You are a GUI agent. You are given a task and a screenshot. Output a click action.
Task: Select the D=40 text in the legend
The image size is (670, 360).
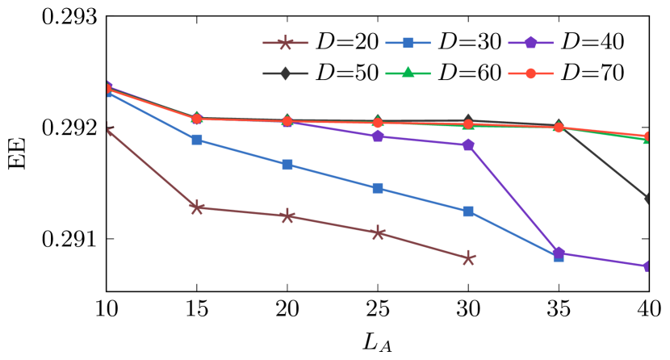(593, 42)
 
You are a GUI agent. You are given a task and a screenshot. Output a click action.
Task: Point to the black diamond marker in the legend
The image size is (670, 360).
(286, 73)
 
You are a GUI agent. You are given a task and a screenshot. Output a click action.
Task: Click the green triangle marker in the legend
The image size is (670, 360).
(408, 73)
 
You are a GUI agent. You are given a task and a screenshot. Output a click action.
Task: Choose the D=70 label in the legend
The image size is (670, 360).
(593, 73)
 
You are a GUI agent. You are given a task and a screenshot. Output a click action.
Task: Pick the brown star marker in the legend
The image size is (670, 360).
(286, 42)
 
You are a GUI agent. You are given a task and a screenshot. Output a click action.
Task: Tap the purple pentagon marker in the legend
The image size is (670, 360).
(531, 42)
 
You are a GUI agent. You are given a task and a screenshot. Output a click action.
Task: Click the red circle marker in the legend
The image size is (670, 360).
(531, 73)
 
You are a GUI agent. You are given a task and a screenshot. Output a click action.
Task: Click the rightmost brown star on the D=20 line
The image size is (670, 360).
(468, 258)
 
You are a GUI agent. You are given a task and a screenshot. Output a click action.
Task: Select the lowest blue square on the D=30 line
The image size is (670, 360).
(559, 257)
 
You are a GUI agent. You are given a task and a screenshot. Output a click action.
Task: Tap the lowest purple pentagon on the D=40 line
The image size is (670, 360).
(648, 266)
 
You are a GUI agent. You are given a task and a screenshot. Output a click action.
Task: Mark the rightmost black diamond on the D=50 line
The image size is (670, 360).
(648, 199)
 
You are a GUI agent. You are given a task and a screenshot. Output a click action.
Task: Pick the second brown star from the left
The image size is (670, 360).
(197, 207)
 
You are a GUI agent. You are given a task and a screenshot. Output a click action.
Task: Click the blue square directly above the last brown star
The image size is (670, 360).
(468, 211)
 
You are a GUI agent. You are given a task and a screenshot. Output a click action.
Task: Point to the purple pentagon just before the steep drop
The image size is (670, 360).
(468, 145)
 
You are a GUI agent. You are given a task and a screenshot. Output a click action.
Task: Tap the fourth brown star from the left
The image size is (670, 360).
(378, 233)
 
